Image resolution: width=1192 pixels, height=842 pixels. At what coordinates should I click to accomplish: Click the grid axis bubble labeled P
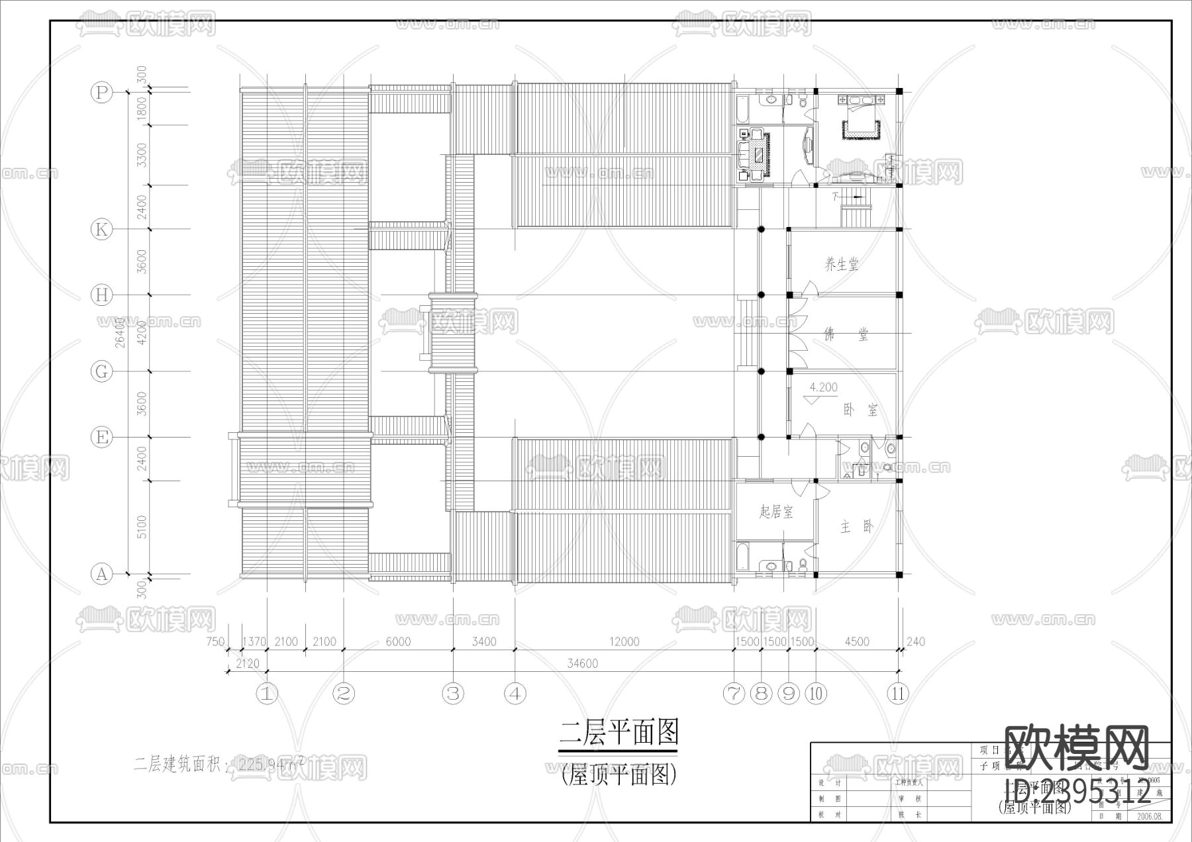[101, 92]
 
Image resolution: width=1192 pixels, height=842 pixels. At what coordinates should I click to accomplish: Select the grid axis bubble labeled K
[101, 230]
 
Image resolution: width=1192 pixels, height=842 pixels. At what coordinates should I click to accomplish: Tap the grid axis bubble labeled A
[101, 574]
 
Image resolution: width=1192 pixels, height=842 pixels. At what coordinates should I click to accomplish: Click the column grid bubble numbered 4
[515, 694]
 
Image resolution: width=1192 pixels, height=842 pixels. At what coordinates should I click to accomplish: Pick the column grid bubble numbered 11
[898, 694]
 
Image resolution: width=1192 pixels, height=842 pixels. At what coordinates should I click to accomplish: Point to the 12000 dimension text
[624, 641]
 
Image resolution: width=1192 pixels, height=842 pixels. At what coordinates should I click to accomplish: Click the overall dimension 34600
[583, 663]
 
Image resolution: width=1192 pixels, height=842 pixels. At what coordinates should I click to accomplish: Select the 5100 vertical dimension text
[142, 528]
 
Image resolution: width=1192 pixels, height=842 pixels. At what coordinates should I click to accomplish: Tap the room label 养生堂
[841, 265]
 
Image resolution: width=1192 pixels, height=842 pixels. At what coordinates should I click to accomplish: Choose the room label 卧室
[860, 410]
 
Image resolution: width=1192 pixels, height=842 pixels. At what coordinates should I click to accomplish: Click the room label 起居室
[776, 512]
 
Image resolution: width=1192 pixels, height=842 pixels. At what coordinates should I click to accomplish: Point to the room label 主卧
[857, 527]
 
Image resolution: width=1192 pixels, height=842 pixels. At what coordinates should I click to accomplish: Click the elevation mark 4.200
[823, 388]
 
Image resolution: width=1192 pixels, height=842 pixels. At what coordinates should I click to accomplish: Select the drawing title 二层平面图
[619, 733]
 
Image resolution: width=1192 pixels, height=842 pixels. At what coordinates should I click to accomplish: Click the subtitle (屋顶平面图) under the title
[619, 774]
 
